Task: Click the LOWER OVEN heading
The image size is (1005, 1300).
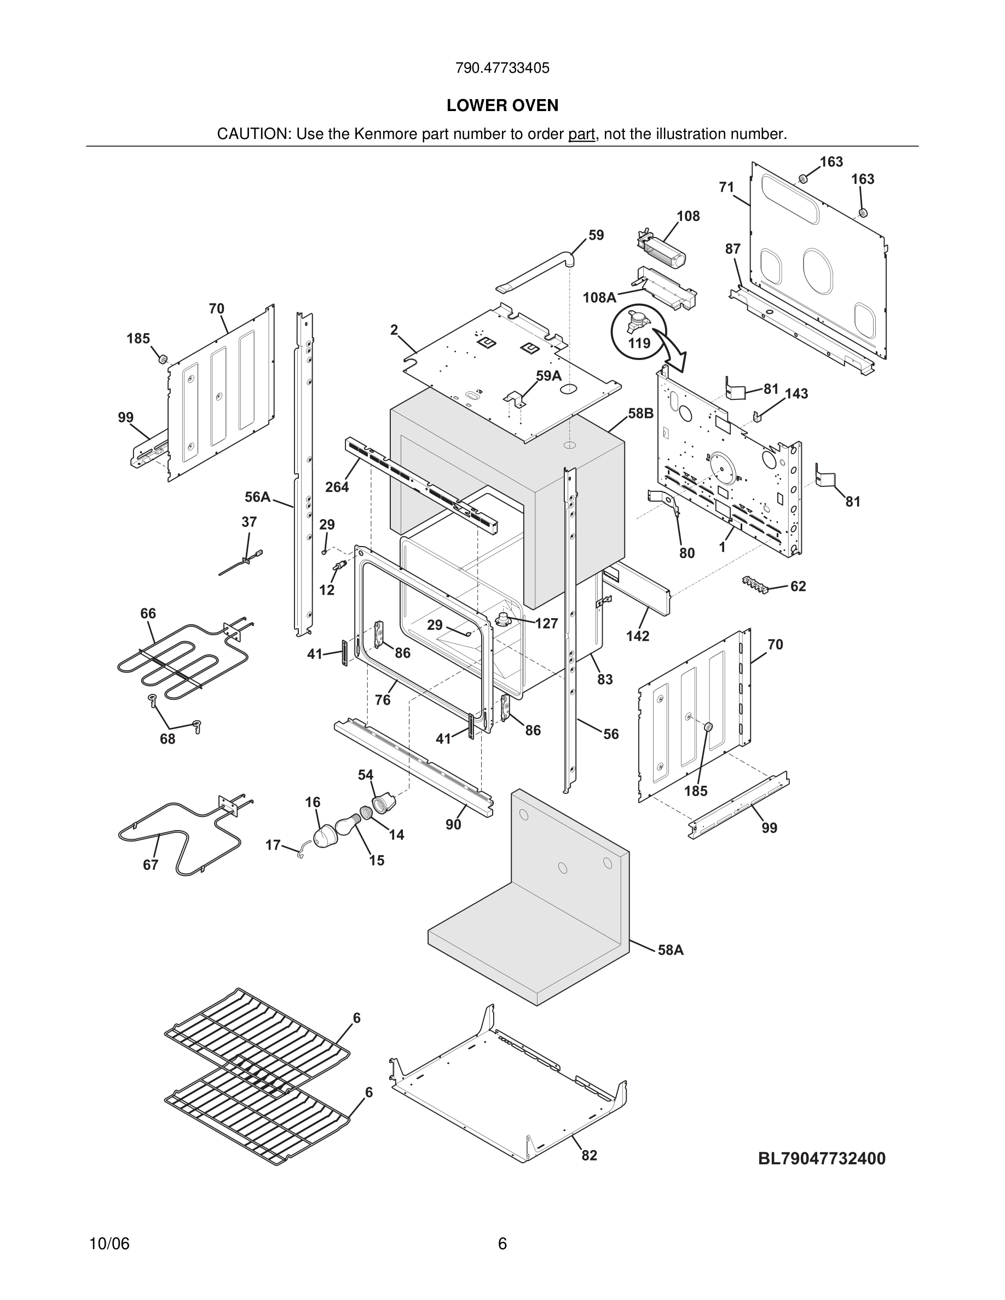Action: pyautogui.click(x=502, y=106)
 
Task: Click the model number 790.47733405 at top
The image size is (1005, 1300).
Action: pyautogui.click(x=502, y=68)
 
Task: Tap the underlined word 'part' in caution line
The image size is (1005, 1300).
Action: pyautogui.click(x=581, y=135)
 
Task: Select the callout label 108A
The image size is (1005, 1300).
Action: pyautogui.click(x=599, y=298)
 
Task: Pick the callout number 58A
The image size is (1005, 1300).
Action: pyautogui.click(x=671, y=950)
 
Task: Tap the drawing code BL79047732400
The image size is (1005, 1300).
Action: pyautogui.click(x=822, y=1158)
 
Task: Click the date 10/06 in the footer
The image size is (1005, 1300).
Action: pyautogui.click(x=109, y=1244)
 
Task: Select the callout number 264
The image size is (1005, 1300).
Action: pyautogui.click(x=337, y=487)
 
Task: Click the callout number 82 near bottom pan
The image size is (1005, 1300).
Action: pyautogui.click(x=589, y=1156)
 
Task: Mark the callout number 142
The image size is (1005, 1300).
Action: pyautogui.click(x=637, y=636)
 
